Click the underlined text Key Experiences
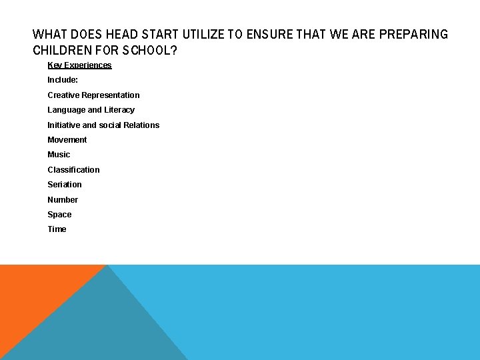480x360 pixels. pos(79,65)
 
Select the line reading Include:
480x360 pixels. pos(63,80)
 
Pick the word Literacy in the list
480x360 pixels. pos(119,110)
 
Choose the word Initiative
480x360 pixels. pos(63,125)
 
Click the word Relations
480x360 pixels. pos(141,125)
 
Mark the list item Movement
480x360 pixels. pos(67,140)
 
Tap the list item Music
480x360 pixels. pos(59,155)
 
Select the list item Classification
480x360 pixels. pos(73,170)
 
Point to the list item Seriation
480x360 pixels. pos(65,185)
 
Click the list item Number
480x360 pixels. pos(63,200)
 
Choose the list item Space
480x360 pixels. pos(59,215)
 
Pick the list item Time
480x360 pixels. pos(57,229)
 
